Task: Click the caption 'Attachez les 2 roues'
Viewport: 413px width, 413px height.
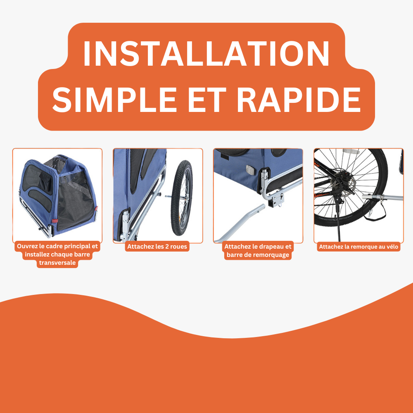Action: [157, 247]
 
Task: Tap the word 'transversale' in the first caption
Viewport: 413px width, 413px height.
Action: [57, 263]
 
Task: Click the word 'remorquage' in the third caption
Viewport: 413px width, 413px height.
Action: [266, 255]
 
